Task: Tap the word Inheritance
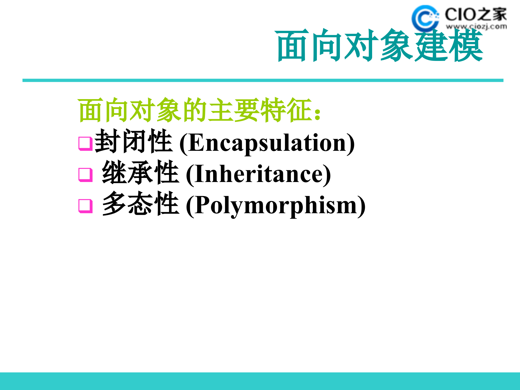[259, 175]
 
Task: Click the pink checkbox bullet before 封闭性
[85, 143]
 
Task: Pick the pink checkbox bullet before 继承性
[85, 175]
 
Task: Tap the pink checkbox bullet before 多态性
[85, 206]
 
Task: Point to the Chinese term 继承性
[140, 173]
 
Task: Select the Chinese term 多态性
[140, 204]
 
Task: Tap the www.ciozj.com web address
[476, 27]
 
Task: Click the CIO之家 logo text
[475, 14]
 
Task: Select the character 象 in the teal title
[397, 45]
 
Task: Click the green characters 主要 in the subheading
[234, 110]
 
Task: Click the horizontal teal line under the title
[263, 80]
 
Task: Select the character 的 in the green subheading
[195, 110]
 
